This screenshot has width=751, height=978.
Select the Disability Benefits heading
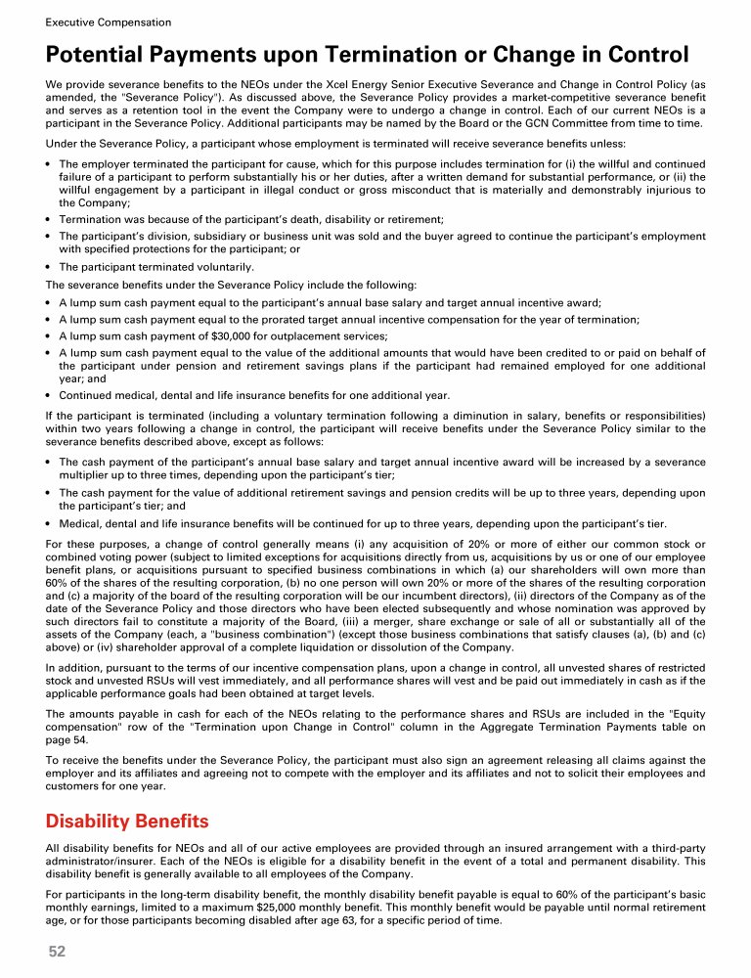pyautogui.click(x=127, y=819)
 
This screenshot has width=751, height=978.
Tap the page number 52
pyautogui.click(x=57, y=951)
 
